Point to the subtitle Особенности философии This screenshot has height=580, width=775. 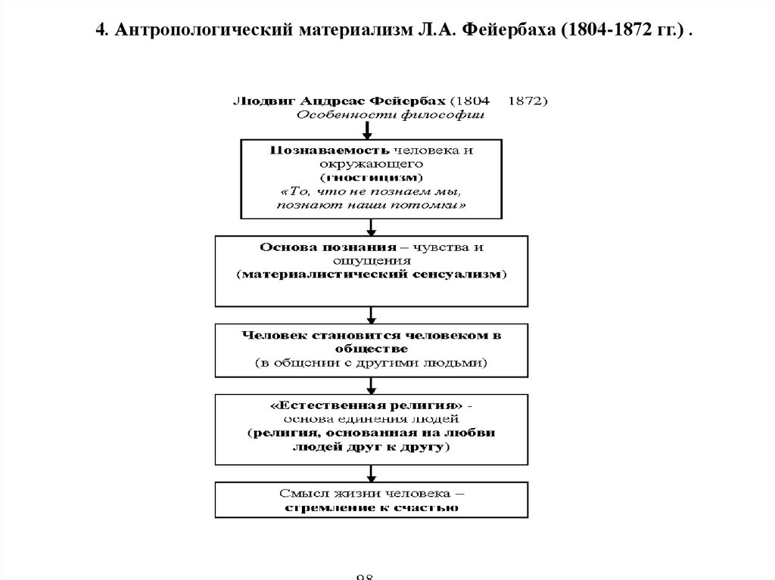(389, 115)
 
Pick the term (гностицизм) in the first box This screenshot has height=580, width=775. (371, 177)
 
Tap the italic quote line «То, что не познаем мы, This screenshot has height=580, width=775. (371, 191)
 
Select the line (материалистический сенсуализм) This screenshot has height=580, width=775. (370, 274)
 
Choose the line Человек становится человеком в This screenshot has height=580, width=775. (370, 335)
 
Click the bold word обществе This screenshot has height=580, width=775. (370, 349)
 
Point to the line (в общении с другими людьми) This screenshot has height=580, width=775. (370, 363)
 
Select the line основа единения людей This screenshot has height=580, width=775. (370, 419)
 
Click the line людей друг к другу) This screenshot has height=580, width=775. (370, 447)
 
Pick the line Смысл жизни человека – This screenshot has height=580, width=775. (370, 493)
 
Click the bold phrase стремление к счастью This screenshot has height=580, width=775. (370, 507)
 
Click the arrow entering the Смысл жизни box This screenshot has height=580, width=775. (370, 473)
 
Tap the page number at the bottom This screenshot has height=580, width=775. (366, 576)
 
